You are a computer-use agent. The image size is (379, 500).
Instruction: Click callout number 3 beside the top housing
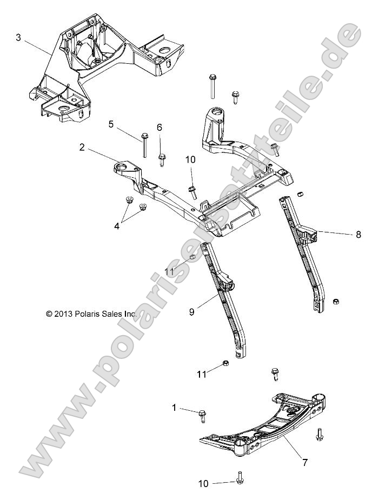click(x=18, y=37)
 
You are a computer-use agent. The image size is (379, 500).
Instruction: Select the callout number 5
click(x=111, y=124)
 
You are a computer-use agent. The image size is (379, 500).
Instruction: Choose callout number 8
click(x=358, y=235)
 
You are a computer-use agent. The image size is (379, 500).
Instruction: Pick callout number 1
click(x=174, y=408)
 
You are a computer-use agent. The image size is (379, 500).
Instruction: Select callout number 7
click(x=305, y=462)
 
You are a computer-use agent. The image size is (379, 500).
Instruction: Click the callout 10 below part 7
click(x=204, y=483)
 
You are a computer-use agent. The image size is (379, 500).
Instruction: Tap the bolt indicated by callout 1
click(x=202, y=415)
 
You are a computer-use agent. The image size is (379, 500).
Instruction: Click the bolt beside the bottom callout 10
click(x=238, y=477)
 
